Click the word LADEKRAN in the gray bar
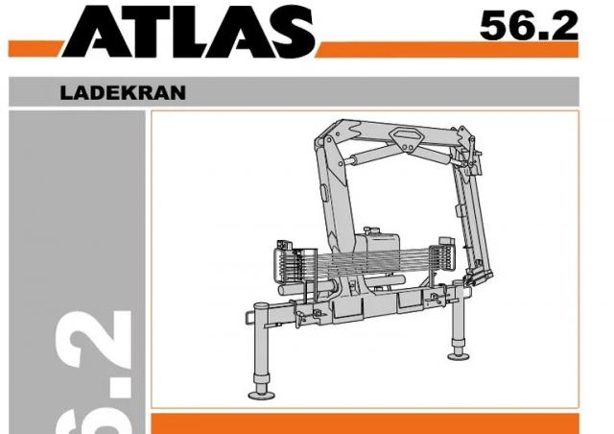123,93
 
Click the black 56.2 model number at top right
529,26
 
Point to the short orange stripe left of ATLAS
35,49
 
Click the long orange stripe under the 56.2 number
447,50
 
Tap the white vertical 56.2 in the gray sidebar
94,373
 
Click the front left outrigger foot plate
262,395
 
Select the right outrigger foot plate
459,355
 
